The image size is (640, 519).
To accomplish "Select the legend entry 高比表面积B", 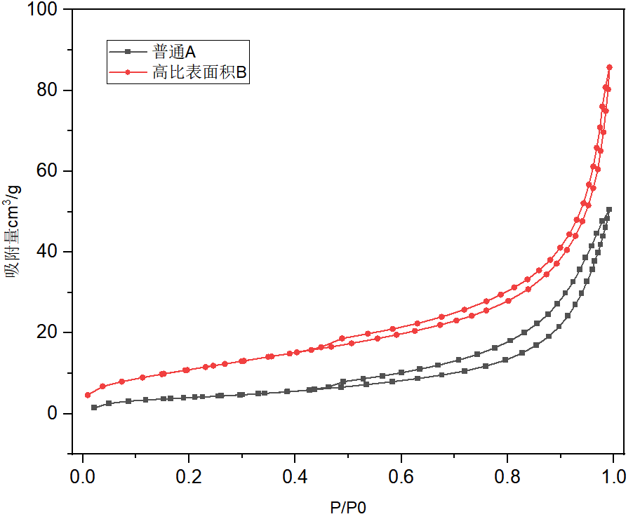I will click(x=199, y=72).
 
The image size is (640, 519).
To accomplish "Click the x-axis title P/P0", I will click(x=348, y=506).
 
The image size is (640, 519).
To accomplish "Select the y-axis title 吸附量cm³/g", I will click(x=13, y=231).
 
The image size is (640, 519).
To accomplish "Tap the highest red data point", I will click(x=609, y=67).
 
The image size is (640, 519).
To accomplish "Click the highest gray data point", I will click(x=609, y=210).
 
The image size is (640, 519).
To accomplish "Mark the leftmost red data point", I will click(x=88, y=395).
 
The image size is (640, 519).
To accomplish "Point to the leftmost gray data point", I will click(x=94, y=407).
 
